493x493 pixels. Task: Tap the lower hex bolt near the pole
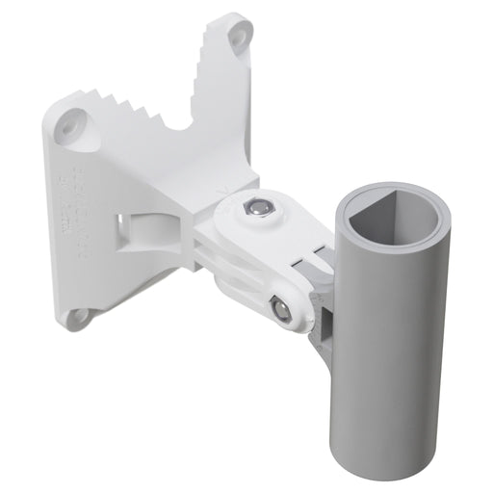click(280, 309)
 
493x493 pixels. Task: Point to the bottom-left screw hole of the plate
click(81, 314)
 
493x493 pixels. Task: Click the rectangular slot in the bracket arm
click(132, 228)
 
